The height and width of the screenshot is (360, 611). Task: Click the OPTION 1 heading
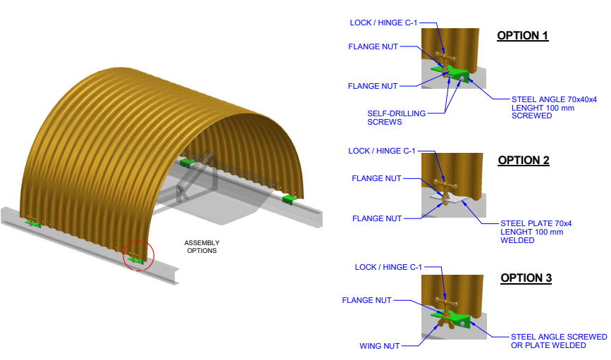522,35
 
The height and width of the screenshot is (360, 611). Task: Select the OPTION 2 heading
523,160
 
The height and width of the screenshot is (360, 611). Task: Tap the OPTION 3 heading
526,278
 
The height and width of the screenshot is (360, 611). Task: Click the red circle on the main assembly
137,255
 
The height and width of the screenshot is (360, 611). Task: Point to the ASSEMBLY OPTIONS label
202,247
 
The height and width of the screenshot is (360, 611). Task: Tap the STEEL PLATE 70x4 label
536,223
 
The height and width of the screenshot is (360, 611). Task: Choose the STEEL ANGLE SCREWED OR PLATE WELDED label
558,340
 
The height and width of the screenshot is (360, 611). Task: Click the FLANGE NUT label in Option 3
366,300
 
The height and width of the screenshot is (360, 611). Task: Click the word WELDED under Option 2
517,240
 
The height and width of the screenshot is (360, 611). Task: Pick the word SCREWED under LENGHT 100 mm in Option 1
531,116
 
